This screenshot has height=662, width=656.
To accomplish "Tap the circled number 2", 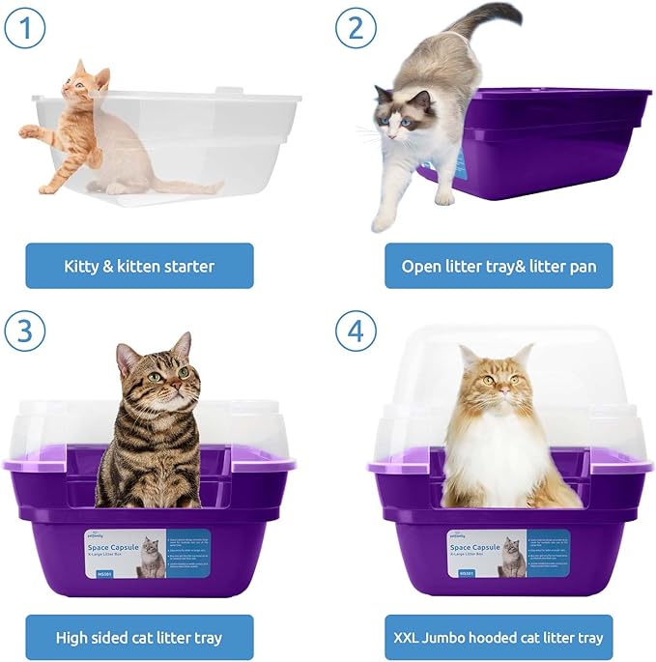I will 357,27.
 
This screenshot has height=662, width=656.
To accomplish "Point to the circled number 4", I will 357,333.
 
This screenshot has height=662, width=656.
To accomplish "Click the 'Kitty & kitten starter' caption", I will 139,266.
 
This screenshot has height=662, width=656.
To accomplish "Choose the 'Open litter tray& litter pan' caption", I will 498,266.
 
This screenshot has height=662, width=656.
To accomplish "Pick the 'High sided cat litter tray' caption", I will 139,638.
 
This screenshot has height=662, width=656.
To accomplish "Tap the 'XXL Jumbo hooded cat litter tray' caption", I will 498,638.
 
